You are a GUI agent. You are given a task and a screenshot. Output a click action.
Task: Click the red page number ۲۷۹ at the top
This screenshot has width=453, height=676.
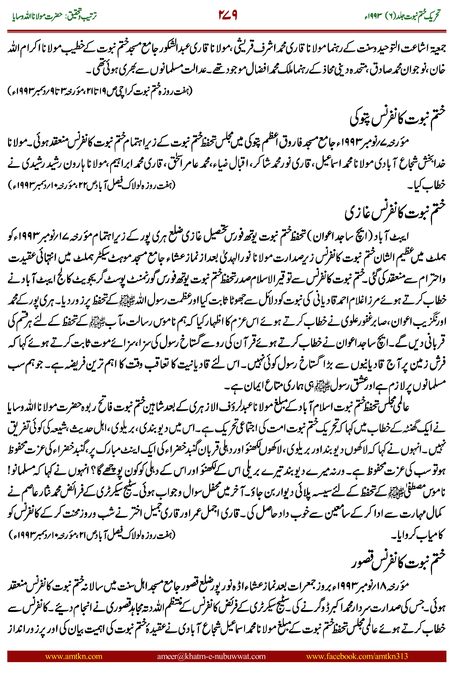click(x=228, y=15)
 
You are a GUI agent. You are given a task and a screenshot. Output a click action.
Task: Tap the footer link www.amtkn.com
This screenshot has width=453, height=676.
click(x=74, y=656)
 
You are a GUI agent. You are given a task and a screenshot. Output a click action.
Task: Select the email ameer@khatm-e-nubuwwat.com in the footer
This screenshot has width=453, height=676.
click(x=211, y=656)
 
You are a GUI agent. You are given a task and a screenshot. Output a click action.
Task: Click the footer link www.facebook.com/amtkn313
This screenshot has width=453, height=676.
click(x=357, y=656)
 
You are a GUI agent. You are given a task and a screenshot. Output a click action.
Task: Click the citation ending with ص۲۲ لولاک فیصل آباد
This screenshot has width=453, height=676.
click(x=92, y=184)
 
